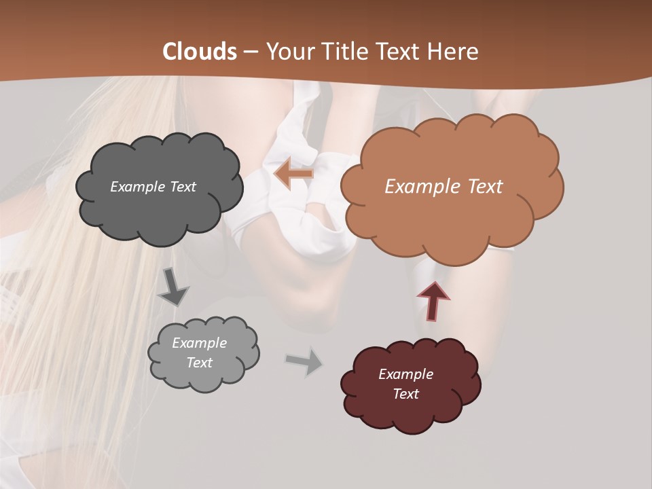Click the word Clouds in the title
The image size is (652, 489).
(200, 52)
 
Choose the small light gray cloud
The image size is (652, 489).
(204, 377)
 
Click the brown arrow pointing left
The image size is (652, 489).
(294, 175)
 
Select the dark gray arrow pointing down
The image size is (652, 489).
(173, 287)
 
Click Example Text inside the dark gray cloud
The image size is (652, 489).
(153, 187)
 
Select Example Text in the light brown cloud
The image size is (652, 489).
(443, 187)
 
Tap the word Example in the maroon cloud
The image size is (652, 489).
(405, 374)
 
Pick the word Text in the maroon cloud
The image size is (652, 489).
(405, 394)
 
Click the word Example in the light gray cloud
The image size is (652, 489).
(199, 343)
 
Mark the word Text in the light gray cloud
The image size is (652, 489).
(199, 363)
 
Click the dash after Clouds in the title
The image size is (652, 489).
(250, 52)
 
